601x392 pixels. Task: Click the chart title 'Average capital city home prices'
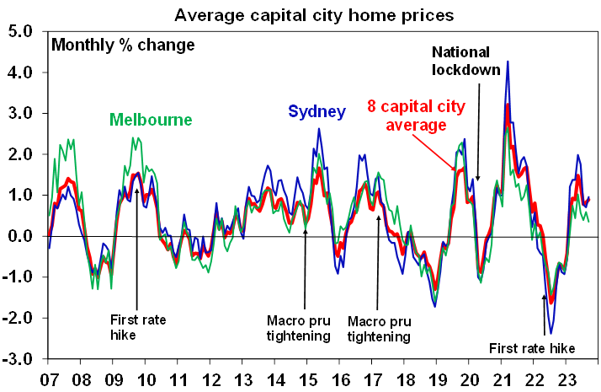[x=315, y=14]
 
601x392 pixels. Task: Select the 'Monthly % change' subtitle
[x=123, y=45]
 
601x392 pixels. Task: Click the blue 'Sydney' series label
[x=316, y=110]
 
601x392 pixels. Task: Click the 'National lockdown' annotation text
[x=468, y=60]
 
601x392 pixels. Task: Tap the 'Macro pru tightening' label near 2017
[x=380, y=328]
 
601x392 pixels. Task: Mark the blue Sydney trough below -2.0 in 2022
[x=550, y=334]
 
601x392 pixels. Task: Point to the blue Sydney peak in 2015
[x=319, y=129]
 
